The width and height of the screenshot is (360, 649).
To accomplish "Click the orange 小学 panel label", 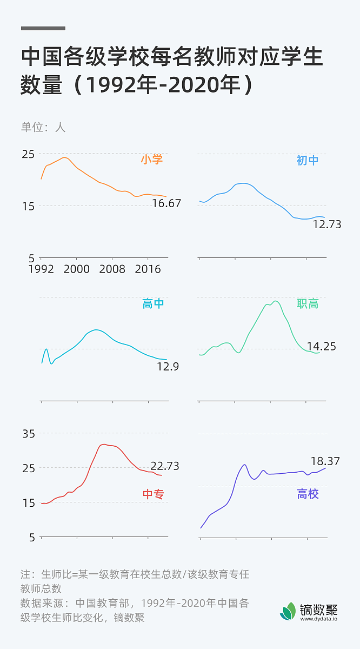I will (x=151, y=160).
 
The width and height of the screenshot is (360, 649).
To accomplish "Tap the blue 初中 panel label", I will (x=308, y=160).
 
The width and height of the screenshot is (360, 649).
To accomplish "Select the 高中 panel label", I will (x=153, y=304).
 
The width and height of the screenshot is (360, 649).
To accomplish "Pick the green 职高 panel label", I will (x=308, y=304).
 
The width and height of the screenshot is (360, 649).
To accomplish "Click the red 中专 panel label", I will (x=153, y=494).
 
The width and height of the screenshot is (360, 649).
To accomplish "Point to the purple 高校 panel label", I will (x=308, y=494).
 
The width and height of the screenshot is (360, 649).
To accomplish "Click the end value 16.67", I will (x=166, y=204).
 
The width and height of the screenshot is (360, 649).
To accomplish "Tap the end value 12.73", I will (x=326, y=224).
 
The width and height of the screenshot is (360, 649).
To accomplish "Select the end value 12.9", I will (x=168, y=367).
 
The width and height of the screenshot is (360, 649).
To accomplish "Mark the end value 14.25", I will (x=321, y=347).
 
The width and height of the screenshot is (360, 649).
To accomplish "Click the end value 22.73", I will (x=164, y=466).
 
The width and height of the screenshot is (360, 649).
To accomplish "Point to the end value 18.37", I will (x=325, y=461).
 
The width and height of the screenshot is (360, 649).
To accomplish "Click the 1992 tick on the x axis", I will (x=41, y=269).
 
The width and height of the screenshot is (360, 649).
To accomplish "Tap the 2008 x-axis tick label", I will (x=112, y=269).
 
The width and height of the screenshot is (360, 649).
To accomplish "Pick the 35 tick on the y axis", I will (x=29, y=434).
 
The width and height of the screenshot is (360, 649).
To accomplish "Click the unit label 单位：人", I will (x=43, y=128).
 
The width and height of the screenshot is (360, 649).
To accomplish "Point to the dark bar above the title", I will (x=43, y=28).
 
